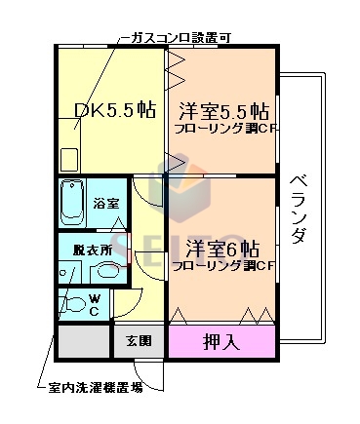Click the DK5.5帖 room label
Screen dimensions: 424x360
pyautogui.click(x=114, y=110)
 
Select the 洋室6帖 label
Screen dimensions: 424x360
pyautogui.click(x=223, y=247)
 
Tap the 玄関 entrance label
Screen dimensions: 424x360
pyautogui.click(x=138, y=341)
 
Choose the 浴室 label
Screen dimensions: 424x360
pyautogui.click(x=106, y=204)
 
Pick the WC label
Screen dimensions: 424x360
pyautogui.click(x=94, y=305)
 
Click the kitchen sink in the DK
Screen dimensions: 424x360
pyautogui.click(x=69, y=159)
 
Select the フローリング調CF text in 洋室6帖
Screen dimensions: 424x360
pyautogui.click(x=222, y=265)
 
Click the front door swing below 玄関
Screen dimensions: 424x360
pyautogui.click(x=143, y=371)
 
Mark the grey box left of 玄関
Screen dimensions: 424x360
pyautogui.click(x=82, y=342)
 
